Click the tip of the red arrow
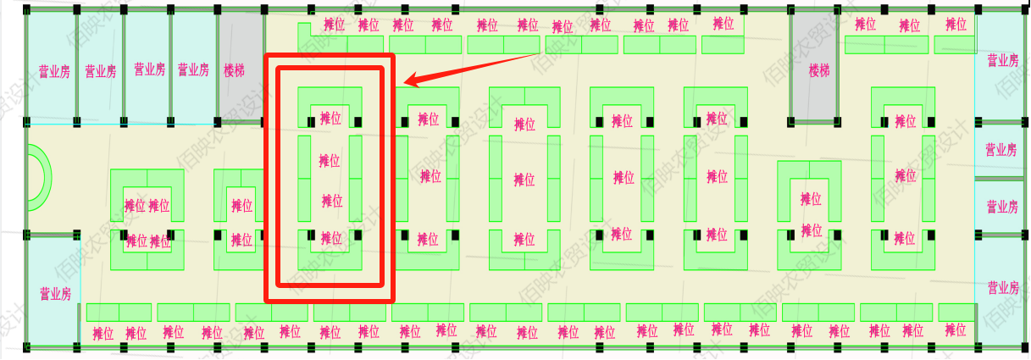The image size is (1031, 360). [405, 83]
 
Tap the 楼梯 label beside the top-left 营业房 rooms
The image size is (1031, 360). [234, 70]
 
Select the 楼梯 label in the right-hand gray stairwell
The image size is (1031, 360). [819, 70]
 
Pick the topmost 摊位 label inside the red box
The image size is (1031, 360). [330, 119]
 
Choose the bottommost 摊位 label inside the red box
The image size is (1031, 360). [331, 238]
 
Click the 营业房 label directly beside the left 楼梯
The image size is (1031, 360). [193, 70]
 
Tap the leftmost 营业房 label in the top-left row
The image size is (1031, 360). [54, 71]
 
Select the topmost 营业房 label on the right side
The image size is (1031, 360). [1002, 60]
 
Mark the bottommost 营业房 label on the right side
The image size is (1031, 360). [1002, 288]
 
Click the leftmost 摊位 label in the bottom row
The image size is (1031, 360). [103, 332]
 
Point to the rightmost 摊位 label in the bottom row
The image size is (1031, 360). [955, 330]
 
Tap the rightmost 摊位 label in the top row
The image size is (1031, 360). [956, 25]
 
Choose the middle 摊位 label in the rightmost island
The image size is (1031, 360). [906, 176]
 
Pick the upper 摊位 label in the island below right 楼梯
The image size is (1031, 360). [811, 199]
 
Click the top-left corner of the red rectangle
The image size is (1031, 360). [268, 56]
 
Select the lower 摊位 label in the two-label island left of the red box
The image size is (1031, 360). [241, 241]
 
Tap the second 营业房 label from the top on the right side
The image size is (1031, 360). [1001, 150]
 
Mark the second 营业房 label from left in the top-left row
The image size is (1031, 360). [100, 71]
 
